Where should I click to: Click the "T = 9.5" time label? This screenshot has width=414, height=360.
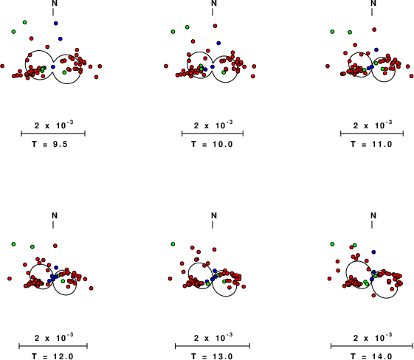pos(49,144)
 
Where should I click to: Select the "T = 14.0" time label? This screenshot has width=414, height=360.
pos(371,356)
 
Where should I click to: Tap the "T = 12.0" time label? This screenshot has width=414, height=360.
pos(52,356)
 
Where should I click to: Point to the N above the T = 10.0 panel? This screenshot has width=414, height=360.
pos(214,3)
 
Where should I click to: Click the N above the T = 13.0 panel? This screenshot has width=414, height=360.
pos(214,215)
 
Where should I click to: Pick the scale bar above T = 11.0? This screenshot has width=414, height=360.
pos(372,134)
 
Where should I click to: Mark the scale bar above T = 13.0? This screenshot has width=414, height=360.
pos(213,346)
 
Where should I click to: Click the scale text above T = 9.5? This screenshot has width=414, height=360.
pos(54,125)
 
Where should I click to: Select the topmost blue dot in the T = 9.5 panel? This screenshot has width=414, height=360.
pos(55,23)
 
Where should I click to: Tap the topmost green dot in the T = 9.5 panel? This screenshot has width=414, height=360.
pos(24,22)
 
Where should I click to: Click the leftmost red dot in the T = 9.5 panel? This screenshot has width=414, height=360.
pos(2,66)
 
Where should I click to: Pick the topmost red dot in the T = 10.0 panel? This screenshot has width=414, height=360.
pos(215,26)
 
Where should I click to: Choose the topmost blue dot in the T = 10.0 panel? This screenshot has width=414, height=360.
pos(218,43)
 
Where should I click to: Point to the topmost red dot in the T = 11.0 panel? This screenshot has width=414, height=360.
pos(374,30)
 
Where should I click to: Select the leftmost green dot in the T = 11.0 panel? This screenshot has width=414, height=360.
pos(332,32)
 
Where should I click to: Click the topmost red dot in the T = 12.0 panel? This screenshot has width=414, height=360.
pos(55,246)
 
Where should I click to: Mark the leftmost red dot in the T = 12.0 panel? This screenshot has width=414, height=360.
pos(10,278)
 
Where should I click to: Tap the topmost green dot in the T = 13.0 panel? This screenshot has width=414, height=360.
pos(173,244)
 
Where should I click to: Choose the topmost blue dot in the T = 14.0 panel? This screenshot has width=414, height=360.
pos(373,252)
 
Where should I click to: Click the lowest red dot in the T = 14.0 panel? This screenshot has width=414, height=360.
pos(373,295)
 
